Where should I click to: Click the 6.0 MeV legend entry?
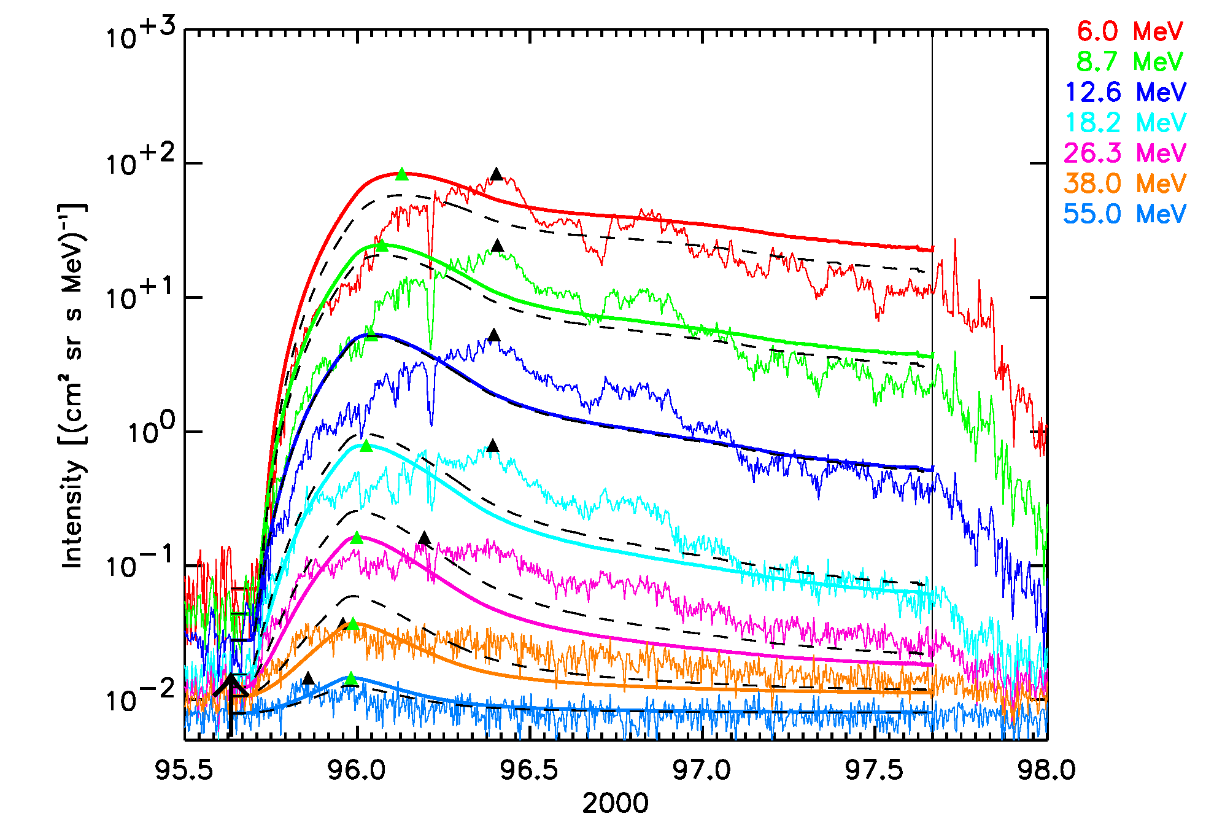1130,31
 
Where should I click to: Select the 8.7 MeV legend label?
1130,61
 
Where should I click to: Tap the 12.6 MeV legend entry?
1126,92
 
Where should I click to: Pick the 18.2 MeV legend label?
1126,123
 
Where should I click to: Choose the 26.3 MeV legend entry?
1126,153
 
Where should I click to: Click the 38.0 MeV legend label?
1126,184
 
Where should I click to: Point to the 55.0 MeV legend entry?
1126,214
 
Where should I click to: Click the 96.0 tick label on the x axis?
357,770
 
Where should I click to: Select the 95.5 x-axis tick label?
184,770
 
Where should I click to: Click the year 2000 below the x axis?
615,804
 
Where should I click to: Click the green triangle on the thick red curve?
402,174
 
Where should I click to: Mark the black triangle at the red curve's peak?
497,174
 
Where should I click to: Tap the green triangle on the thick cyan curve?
366,446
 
